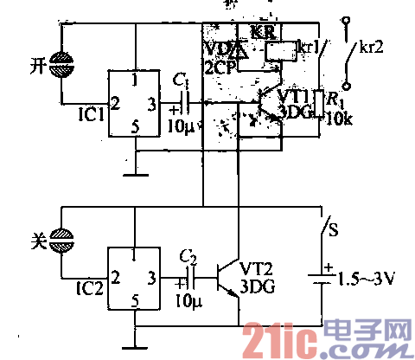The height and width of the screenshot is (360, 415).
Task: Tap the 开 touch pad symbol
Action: pos(61,63)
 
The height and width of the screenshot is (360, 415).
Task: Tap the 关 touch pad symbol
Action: pos(61,235)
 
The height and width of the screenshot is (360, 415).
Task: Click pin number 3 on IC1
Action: pos(152,105)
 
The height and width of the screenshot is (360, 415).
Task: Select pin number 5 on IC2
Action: pos(136,302)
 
